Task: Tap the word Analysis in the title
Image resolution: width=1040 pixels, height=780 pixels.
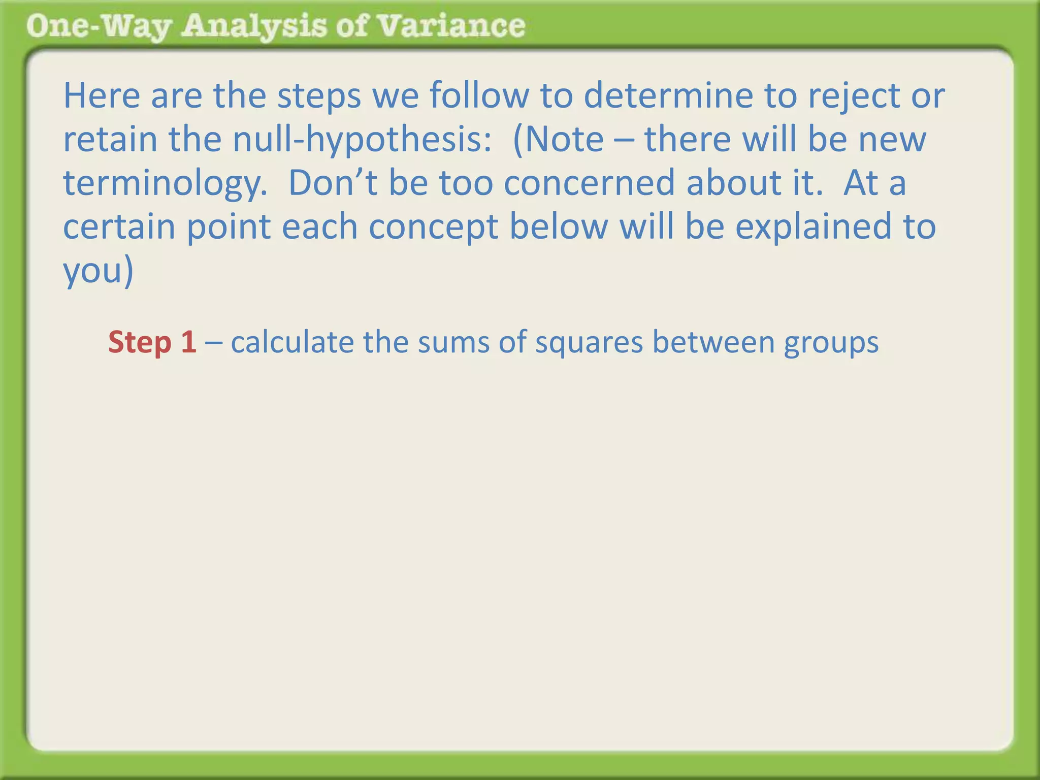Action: coord(254,26)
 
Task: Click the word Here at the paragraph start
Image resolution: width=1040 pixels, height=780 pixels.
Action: coord(102,95)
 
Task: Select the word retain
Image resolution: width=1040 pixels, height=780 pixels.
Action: coord(110,139)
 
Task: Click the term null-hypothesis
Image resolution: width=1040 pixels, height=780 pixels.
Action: coord(357,140)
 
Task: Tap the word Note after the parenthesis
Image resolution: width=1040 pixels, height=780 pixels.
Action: coord(564,139)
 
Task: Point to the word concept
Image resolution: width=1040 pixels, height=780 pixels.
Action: coord(433,227)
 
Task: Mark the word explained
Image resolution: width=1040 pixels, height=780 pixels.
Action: coord(813,227)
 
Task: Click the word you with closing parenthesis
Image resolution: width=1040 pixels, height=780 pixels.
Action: coord(97,271)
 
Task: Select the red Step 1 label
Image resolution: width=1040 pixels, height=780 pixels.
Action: coord(152,342)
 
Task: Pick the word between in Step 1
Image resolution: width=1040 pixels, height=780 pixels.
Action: coord(713,342)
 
